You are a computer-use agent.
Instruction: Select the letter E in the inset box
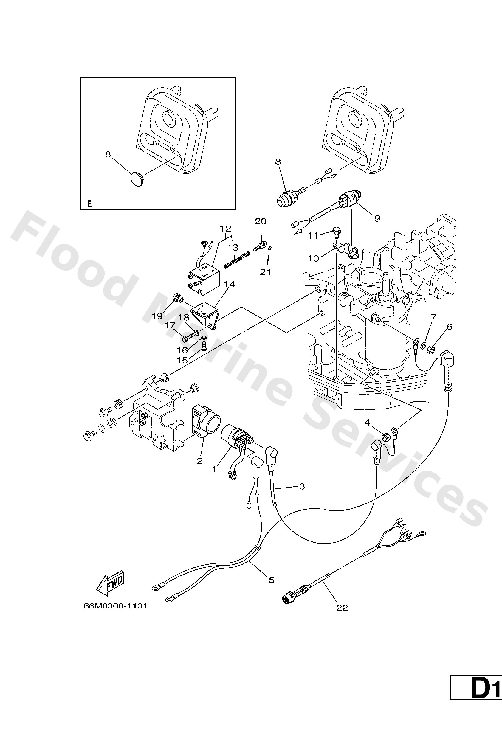click(x=89, y=204)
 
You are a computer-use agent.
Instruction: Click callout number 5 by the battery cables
click(x=271, y=580)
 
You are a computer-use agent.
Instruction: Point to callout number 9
click(x=377, y=218)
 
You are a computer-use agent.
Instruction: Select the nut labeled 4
click(x=384, y=437)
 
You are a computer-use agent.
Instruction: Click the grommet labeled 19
click(x=179, y=298)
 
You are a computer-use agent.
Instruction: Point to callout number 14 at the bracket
click(x=229, y=284)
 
